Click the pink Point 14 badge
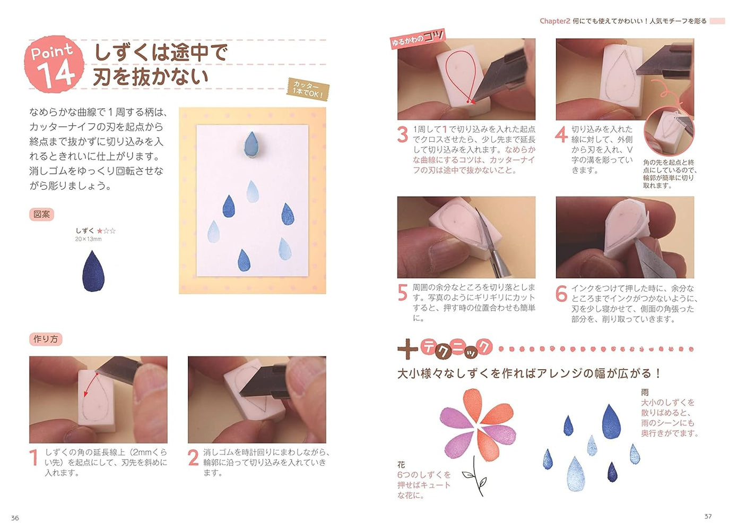pyautogui.click(x=54, y=64)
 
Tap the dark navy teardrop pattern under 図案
pyautogui.click(x=93, y=271)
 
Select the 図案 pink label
pyautogui.click(x=41, y=214)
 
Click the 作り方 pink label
pyautogui.click(x=46, y=339)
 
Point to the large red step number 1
pyautogui.click(x=34, y=458)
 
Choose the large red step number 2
pyautogui.click(x=193, y=458)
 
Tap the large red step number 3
pyautogui.click(x=403, y=134)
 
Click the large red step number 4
pyautogui.click(x=561, y=134)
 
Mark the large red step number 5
pyautogui.click(x=403, y=293)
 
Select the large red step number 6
pyautogui.click(x=561, y=293)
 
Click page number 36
pyautogui.click(x=15, y=518)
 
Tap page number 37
pyautogui.click(x=708, y=516)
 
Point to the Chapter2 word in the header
pyautogui.click(x=554, y=21)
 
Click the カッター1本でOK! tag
pyautogui.click(x=308, y=88)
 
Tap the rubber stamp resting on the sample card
pyautogui.click(x=251, y=144)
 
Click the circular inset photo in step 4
pyautogui.click(x=669, y=131)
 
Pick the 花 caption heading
pyautogui.click(x=401, y=465)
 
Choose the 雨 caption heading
pyautogui.click(x=645, y=392)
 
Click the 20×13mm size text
pyautogui.click(x=88, y=239)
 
